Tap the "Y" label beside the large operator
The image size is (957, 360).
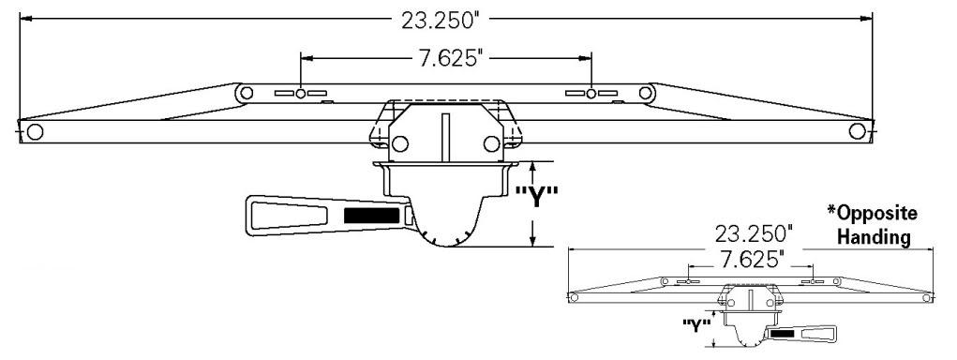point(536,197)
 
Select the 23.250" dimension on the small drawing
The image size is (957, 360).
point(754,233)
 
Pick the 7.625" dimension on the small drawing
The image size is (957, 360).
point(752,260)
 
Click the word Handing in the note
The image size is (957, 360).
point(874,237)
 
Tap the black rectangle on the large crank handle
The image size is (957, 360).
point(372,216)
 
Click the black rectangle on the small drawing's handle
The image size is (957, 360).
point(782,333)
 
